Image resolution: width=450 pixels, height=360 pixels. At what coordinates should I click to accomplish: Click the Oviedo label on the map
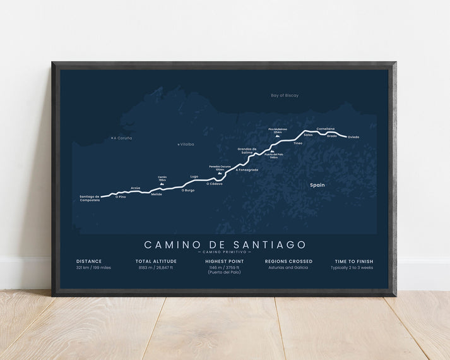coord(353,137)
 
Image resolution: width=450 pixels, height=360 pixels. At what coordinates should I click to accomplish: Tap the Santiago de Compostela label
coord(90,198)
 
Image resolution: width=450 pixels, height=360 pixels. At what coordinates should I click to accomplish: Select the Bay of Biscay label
coord(284,95)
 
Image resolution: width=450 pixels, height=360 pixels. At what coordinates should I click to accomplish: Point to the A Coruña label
coord(122,137)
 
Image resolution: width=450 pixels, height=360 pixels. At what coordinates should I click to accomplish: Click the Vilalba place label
coord(187,144)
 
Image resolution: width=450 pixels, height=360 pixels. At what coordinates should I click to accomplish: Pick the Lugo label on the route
coord(194,176)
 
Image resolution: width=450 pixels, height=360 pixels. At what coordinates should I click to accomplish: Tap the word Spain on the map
coord(317,186)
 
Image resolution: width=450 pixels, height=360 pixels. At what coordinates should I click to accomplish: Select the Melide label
coord(157,194)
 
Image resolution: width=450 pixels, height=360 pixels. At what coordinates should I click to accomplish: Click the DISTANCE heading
coord(89,260)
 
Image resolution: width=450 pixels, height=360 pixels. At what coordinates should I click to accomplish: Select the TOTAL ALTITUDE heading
coord(156,260)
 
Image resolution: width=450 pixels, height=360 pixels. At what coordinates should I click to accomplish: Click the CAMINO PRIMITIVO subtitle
coord(225,252)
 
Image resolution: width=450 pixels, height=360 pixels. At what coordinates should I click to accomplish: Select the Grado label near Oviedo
coord(331,135)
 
